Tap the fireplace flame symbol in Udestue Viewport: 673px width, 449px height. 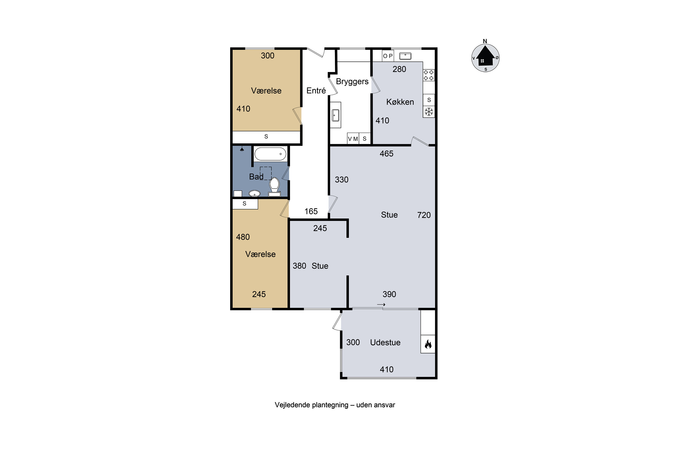click(428, 344)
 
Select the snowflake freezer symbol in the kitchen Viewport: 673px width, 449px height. click(429, 112)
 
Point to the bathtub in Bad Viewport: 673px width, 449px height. click(270, 154)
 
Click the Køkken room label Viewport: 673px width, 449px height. click(400, 102)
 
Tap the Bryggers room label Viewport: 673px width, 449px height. click(352, 82)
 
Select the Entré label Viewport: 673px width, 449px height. click(316, 90)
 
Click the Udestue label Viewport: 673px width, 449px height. click(385, 343)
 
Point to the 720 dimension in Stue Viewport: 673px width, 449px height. click(424, 215)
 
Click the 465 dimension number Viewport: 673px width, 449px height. click(387, 154)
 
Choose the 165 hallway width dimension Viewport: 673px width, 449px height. click(311, 211)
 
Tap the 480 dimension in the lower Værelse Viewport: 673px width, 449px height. click(243, 237)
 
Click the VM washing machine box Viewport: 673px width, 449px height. click(353, 139)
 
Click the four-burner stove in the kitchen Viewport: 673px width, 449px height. click(429, 75)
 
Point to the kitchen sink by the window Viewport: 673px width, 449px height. click(405, 56)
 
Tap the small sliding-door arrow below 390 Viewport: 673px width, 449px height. click(381, 304)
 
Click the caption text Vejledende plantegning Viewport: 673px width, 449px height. click(312, 405)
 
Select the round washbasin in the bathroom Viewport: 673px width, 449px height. click(254, 194)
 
